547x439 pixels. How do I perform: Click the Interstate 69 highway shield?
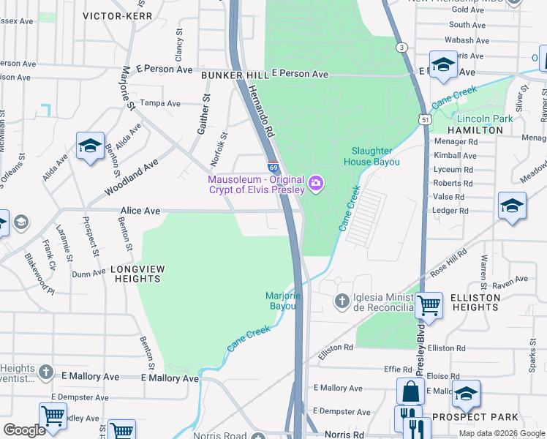(x=273, y=168)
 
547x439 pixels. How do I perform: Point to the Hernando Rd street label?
(x=260, y=110)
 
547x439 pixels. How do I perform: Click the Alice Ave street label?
(x=140, y=211)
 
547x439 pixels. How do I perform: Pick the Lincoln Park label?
(x=483, y=119)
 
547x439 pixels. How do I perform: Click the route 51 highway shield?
(x=425, y=119)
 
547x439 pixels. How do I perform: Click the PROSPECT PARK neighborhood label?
(x=475, y=417)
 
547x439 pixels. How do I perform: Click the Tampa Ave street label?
(x=160, y=103)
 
